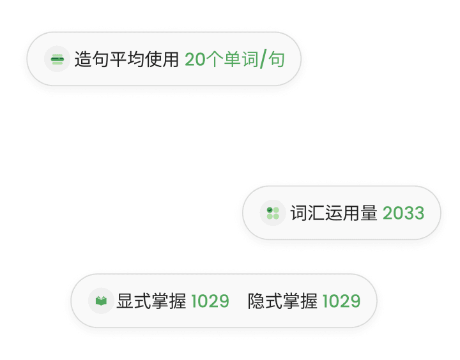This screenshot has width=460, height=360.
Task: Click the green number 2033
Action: pyautogui.click(x=403, y=213)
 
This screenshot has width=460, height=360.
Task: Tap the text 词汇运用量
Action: pyautogui.click(x=333, y=213)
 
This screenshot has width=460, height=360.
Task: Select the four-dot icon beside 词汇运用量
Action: pyautogui.click(x=273, y=213)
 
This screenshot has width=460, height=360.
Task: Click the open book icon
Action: pyautogui.click(x=101, y=301)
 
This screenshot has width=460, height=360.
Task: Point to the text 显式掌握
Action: pyautogui.click(x=151, y=301)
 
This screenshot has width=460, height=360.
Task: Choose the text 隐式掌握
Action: pyautogui.click(x=282, y=301)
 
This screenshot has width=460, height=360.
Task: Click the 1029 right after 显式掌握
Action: pyautogui.click(x=210, y=301)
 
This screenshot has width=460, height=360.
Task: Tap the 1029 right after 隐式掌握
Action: pyautogui.click(x=341, y=301)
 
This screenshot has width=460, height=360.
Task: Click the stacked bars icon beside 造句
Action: pyautogui.click(x=57, y=60)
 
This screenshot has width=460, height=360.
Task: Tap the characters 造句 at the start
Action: pyautogui.click(x=91, y=60)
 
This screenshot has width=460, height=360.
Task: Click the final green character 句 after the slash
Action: pyautogui.click(x=276, y=60)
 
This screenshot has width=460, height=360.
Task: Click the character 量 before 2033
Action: pyautogui.click(x=369, y=213)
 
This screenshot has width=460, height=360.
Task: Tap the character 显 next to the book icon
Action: pyautogui.click(x=125, y=301)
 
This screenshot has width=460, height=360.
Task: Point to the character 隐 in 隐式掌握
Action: pyautogui.click(x=256, y=301)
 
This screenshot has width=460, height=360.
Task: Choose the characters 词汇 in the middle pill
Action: pyautogui.click(x=307, y=213)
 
